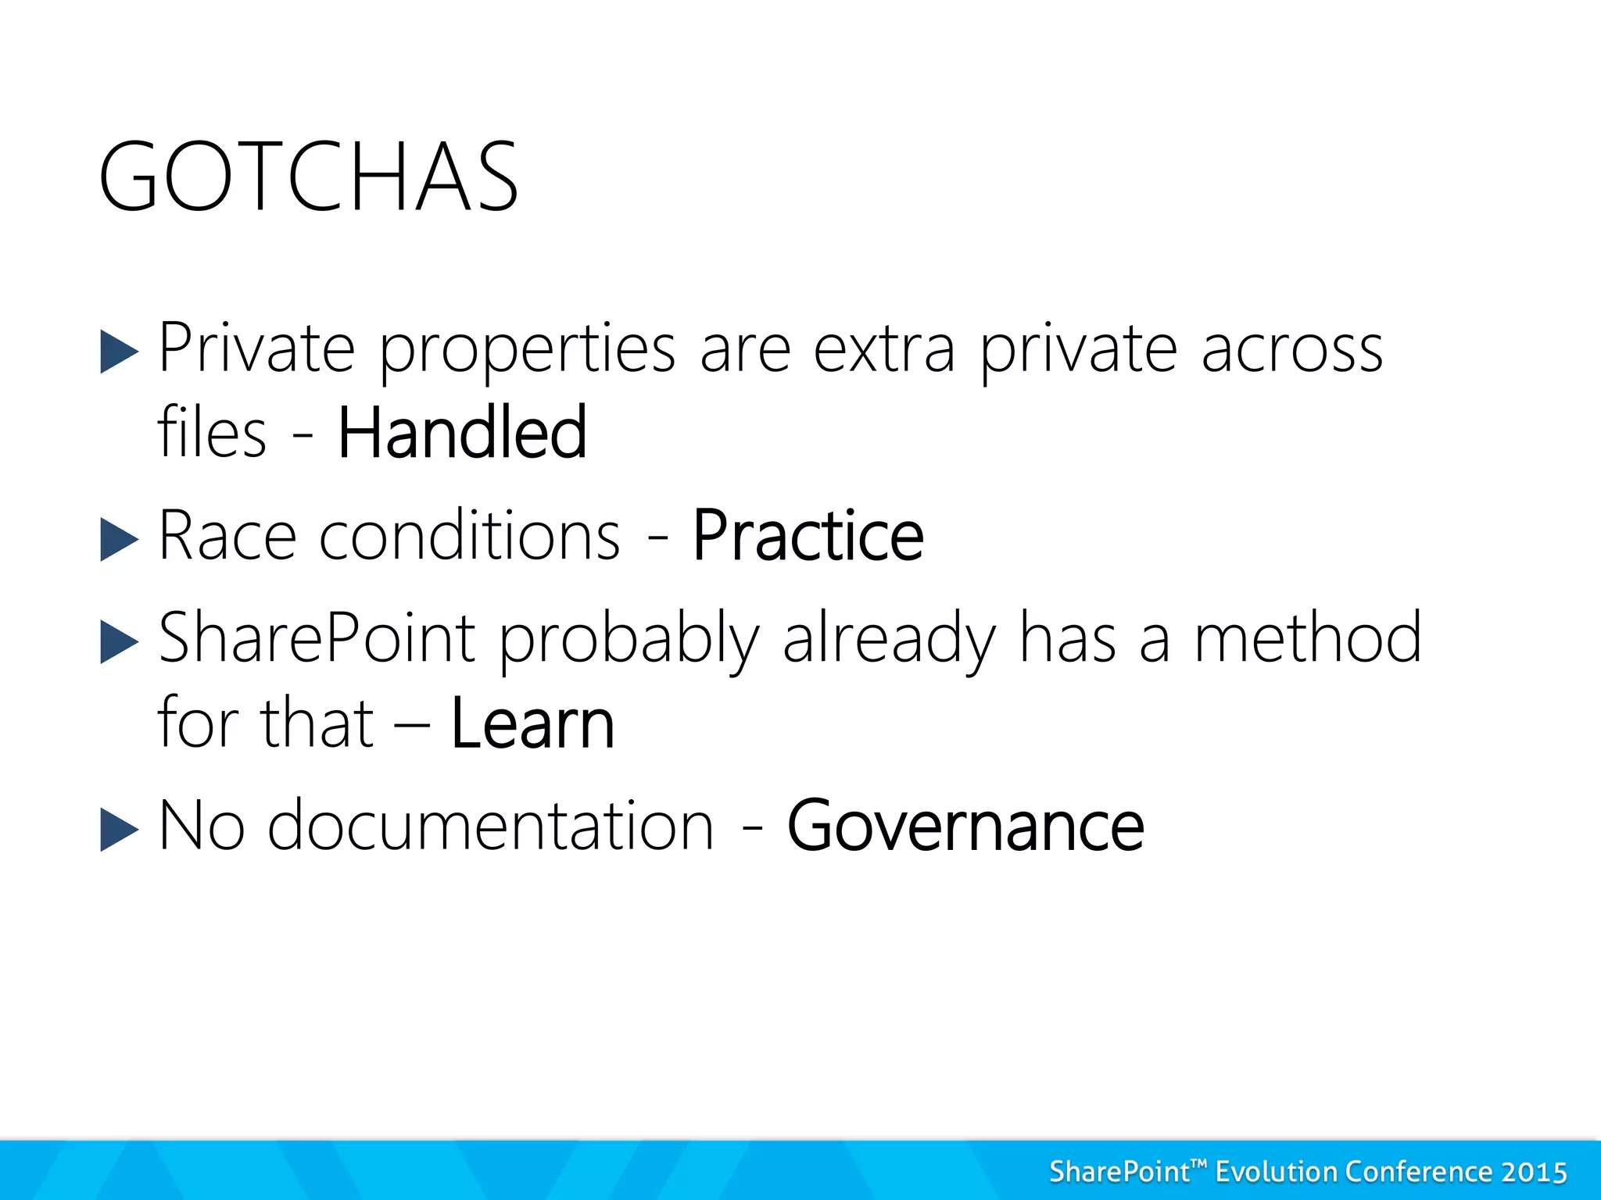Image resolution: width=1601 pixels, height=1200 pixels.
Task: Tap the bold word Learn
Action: click(533, 723)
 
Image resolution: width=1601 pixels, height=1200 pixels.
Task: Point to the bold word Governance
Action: click(965, 826)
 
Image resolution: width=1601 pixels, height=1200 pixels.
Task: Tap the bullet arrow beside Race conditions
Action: click(119, 540)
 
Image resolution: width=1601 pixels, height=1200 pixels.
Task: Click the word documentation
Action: click(491, 826)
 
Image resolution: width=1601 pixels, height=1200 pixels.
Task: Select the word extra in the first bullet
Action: click(884, 349)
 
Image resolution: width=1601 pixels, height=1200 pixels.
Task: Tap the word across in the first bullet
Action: click(1291, 349)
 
